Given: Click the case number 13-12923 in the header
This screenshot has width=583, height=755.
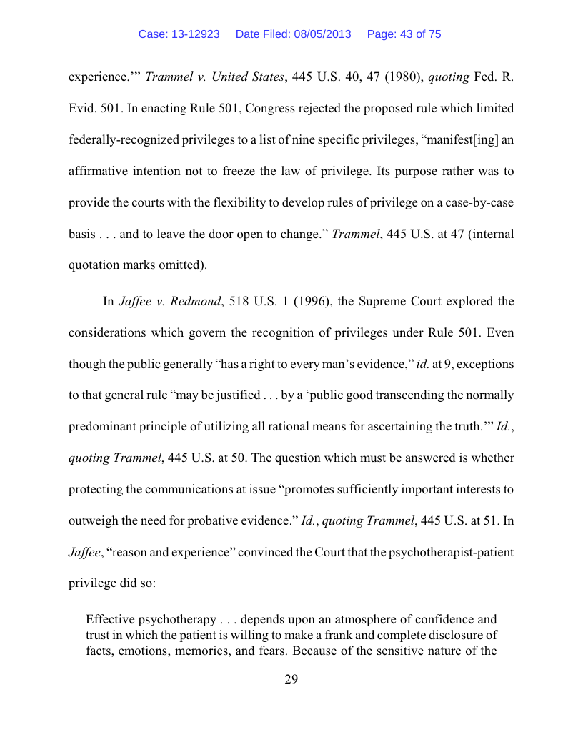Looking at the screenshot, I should pos(195,34).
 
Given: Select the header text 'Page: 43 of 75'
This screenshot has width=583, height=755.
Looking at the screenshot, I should pos(404,34).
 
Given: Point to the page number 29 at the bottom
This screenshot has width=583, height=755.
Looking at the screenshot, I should pos(291,680).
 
